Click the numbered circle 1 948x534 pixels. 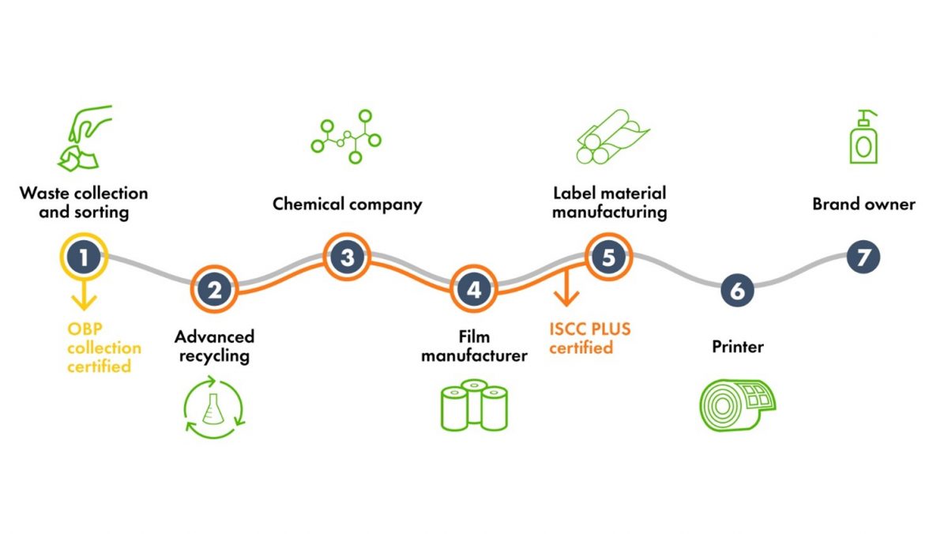point(85,256)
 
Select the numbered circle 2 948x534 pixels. point(215,289)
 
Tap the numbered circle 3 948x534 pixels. point(347,256)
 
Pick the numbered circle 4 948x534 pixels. point(473,289)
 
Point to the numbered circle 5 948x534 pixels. point(608,256)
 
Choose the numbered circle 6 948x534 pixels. point(737,290)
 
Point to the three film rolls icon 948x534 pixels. point(474,405)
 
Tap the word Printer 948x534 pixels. point(737,347)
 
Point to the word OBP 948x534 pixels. point(84,329)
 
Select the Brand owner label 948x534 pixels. point(863,205)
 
